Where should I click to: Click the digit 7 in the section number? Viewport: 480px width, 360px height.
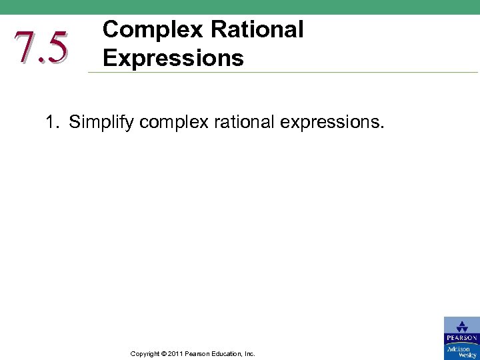coord(24,47)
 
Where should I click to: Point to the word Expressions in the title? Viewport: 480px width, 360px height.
coord(173,58)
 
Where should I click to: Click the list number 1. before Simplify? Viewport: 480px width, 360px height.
coord(53,123)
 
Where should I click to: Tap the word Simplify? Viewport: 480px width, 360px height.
coord(102,123)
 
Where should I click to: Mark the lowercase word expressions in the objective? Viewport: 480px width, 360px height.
coord(336,123)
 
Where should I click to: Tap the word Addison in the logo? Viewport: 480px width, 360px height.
coord(459,349)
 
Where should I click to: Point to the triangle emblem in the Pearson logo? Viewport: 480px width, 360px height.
coord(461,326)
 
